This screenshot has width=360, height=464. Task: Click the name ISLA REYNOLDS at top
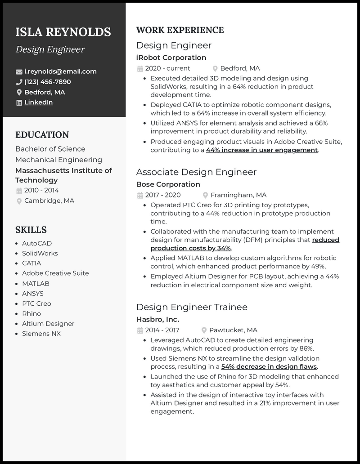[x=63, y=32]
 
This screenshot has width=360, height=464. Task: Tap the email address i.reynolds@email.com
[x=60, y=71]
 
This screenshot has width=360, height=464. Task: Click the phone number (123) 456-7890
[x=47, y=82]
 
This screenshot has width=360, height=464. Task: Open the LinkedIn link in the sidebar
[x=38, y=103]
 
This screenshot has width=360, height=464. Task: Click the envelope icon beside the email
[x=19, y=72]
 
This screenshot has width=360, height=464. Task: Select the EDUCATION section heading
[x=42, y=135]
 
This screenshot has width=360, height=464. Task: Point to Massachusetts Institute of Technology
[x=63, y=175]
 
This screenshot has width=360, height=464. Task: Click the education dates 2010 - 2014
[x=41, y=191]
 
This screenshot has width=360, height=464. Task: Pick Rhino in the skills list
[x=31, y=314]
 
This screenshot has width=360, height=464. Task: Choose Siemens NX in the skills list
[x=41, y=334]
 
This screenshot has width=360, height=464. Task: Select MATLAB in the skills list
[x=36, y=284]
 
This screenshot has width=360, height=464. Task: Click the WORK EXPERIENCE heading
[x=180, y=31]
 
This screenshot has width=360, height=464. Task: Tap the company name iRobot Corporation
[x=171, y=58]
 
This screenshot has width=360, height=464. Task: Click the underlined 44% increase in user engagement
[x=262, y=150]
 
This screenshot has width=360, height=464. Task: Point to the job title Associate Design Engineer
[x=196, y=172]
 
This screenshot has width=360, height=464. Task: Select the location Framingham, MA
[x=238, y=195]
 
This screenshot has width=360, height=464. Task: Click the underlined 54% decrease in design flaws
[x=269, y=367]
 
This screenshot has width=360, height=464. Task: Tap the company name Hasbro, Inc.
[x=157, y=320]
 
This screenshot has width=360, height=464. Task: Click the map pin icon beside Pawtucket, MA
[x=204, y=330]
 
